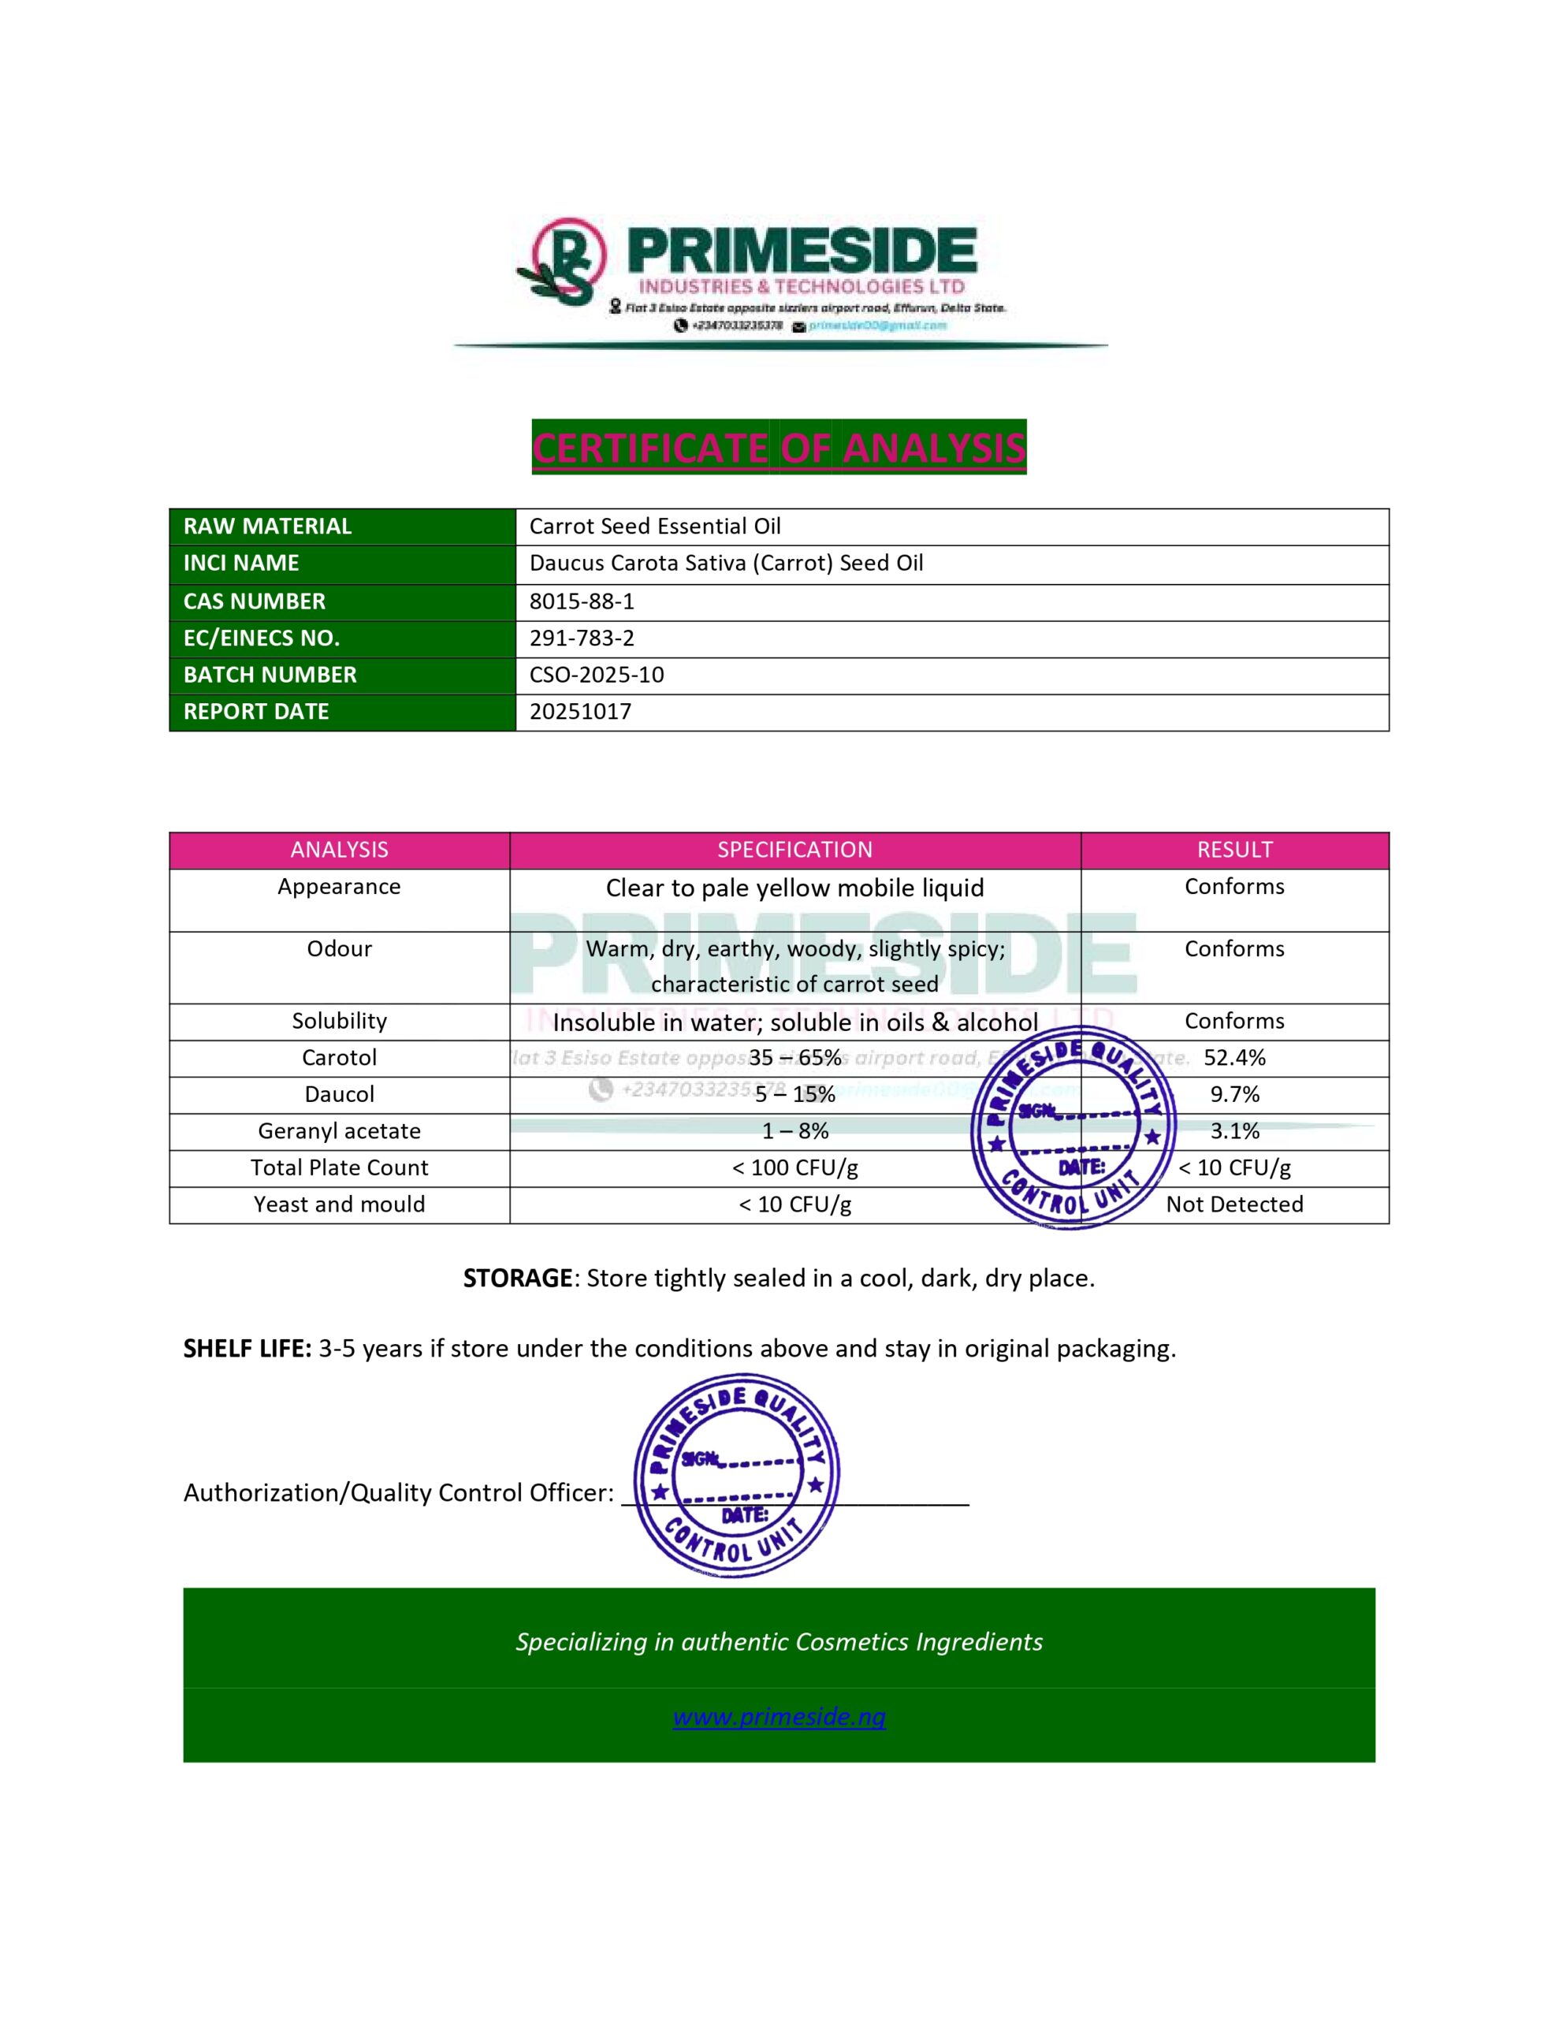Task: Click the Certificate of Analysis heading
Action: click(x=778, y=448)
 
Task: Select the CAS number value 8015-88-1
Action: click(x=581, y=601)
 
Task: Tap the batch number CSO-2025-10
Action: click(x=596, y=675)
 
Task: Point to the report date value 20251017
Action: click(x=580, y=712)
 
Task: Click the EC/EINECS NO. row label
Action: click(x=262, y=639)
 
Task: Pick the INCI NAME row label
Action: click(x=241, y=563)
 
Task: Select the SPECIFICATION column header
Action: click(x=794, y=850)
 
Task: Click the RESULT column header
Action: click(x=1233, y=850)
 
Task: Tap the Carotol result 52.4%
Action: click(x=1234, y=1058)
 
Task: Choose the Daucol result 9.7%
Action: click(x=1234, y=1095)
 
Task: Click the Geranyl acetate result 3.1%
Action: click(x=1234, y=1131)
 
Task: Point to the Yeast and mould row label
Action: click(x=339, y=1204)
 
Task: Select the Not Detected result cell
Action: click(x=1233, y=1204)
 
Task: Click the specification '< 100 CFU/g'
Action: click(x=794, y=1168)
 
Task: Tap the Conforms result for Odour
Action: click(x=1233, y=949)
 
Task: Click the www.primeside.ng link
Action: click(x=779, y=1718)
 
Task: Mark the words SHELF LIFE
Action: click(x=247, y=1349)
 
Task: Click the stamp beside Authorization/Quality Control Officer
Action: click(x=736, y=1476)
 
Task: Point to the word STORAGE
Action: click(x=518, y=1279)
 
